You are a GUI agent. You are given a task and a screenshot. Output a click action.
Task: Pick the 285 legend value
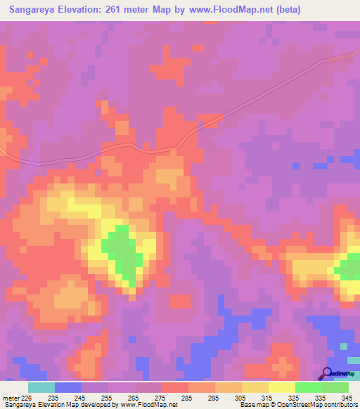(188, 398)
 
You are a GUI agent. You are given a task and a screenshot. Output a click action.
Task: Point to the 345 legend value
(345, 398)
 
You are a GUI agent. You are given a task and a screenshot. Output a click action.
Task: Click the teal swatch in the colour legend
(41, 387)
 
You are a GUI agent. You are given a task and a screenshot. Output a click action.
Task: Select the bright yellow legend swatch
(281, 387)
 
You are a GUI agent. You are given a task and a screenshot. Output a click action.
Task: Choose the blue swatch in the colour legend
(68, 387)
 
